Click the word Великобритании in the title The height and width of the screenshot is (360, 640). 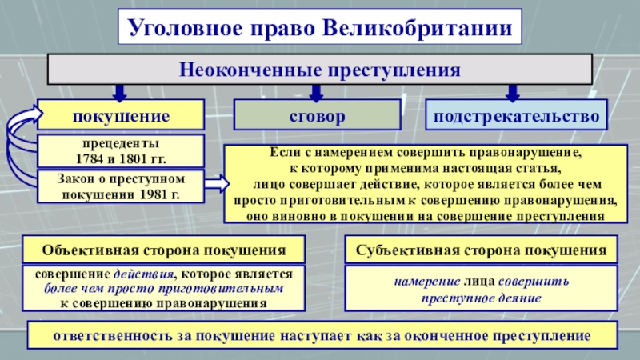click(x=418, y=28)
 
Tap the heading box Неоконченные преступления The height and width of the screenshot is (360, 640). click(x=320, y=70)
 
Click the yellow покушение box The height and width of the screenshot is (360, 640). click(x=121, y=115)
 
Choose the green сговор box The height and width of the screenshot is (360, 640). click(x=317, y=115)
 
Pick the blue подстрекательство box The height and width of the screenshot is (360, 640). click(x=516, y=115)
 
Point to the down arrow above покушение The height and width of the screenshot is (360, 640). click(x=119, y=93)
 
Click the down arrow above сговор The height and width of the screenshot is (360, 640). click(x=316, y=93)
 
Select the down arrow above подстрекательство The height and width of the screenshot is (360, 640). click(x=513, y=93)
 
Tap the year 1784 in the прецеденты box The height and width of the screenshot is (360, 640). click(x=90, y=158)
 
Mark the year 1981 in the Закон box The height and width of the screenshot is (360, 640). click(x=154, y=194)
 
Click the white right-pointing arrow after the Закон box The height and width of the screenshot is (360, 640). click(x=217, y=183)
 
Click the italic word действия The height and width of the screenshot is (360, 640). click(x=143, y=273)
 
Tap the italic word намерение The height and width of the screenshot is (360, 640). click(x=427, y=282)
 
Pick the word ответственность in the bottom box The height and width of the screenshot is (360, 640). click(x=113, y=335)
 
